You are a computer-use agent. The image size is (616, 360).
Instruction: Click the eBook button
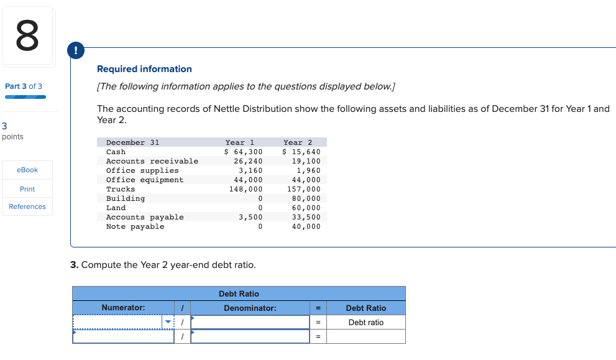(x=27, y=170)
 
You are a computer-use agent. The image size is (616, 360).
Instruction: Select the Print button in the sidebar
(x=27, y=188)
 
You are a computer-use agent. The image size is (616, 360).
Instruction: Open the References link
(x=27, y=206)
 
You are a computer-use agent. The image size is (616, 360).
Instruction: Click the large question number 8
(x=27, y=36)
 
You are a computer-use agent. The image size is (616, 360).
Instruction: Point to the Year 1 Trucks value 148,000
(x=246, y=189)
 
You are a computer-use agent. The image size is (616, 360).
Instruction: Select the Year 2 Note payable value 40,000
(x=306, y=226)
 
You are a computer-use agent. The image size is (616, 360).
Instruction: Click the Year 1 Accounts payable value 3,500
(x=251, y=217)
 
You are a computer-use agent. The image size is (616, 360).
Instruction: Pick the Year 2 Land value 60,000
(x=306, y=208)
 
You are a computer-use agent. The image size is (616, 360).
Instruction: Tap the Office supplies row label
(x=142, y=170)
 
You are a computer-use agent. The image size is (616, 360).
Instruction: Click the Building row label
(x=126, y=198)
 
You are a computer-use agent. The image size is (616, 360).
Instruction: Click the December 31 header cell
(x=132, y=142)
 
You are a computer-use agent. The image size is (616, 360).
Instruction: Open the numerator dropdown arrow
(x=167, y=322)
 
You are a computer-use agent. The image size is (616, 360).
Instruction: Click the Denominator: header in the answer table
(x=250, y=308)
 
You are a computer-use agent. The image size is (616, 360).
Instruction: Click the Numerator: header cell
(x=123, y=308)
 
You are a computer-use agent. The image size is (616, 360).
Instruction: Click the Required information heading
(x=144, y=69)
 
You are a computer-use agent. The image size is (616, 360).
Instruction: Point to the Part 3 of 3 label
(x=24, y=86)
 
